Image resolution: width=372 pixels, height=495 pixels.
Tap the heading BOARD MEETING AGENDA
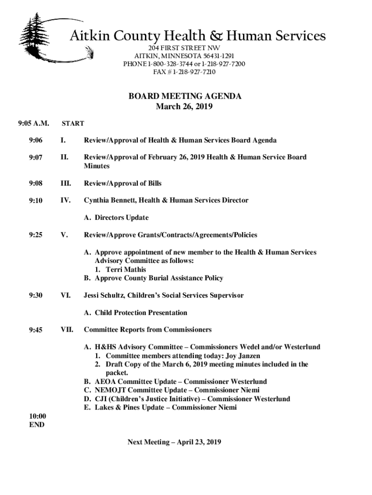tap(185, 96)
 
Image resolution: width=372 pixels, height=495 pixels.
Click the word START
tap(72, 123)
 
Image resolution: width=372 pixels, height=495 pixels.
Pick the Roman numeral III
tap(66, 183)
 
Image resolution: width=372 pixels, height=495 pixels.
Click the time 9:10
tap(36, 200)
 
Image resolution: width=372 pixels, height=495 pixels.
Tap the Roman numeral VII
tap(67, 330)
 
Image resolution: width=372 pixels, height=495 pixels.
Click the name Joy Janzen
tap(243, 355)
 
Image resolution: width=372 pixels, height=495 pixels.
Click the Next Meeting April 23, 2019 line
tap(174, 442)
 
